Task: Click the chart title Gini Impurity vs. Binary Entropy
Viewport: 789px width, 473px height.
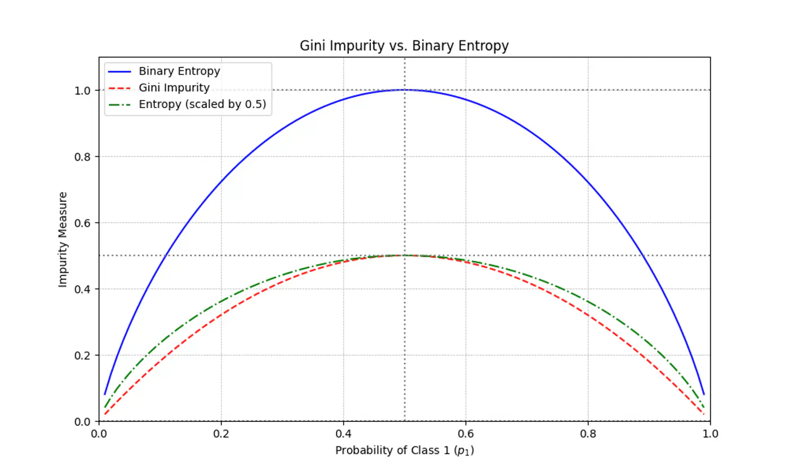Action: [404, 46]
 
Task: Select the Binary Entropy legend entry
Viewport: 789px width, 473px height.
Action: [179, 72]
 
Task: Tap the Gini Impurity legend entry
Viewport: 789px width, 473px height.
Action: [174, 88]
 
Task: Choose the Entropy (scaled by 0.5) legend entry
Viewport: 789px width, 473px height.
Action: [202, 105]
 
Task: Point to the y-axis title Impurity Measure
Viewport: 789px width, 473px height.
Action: [63, 239]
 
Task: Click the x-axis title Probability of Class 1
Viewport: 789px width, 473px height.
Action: [404, 450]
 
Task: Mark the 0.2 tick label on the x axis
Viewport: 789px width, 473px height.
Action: [221, 435]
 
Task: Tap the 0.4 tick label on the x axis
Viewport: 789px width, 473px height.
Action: [343, 435]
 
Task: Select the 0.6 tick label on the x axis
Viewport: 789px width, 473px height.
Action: [466, 435]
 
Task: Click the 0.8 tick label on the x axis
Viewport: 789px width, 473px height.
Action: [588, 435]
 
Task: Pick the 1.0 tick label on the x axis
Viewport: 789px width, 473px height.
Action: [710, 435]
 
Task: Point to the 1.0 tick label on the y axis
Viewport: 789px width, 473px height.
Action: [83, 90]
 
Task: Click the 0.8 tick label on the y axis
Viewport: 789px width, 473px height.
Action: [83, 157]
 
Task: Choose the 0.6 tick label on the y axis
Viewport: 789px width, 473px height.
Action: [83, 223]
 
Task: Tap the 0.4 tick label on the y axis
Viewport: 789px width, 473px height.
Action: [83, 289]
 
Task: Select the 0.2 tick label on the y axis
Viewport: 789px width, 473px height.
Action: [83, 355]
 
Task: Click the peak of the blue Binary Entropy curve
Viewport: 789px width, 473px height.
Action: [405, 90]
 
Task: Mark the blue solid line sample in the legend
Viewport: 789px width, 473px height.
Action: [121, 72]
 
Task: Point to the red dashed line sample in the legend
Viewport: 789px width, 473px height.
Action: [121, 88]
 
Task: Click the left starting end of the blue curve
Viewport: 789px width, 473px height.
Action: [105, 394]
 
